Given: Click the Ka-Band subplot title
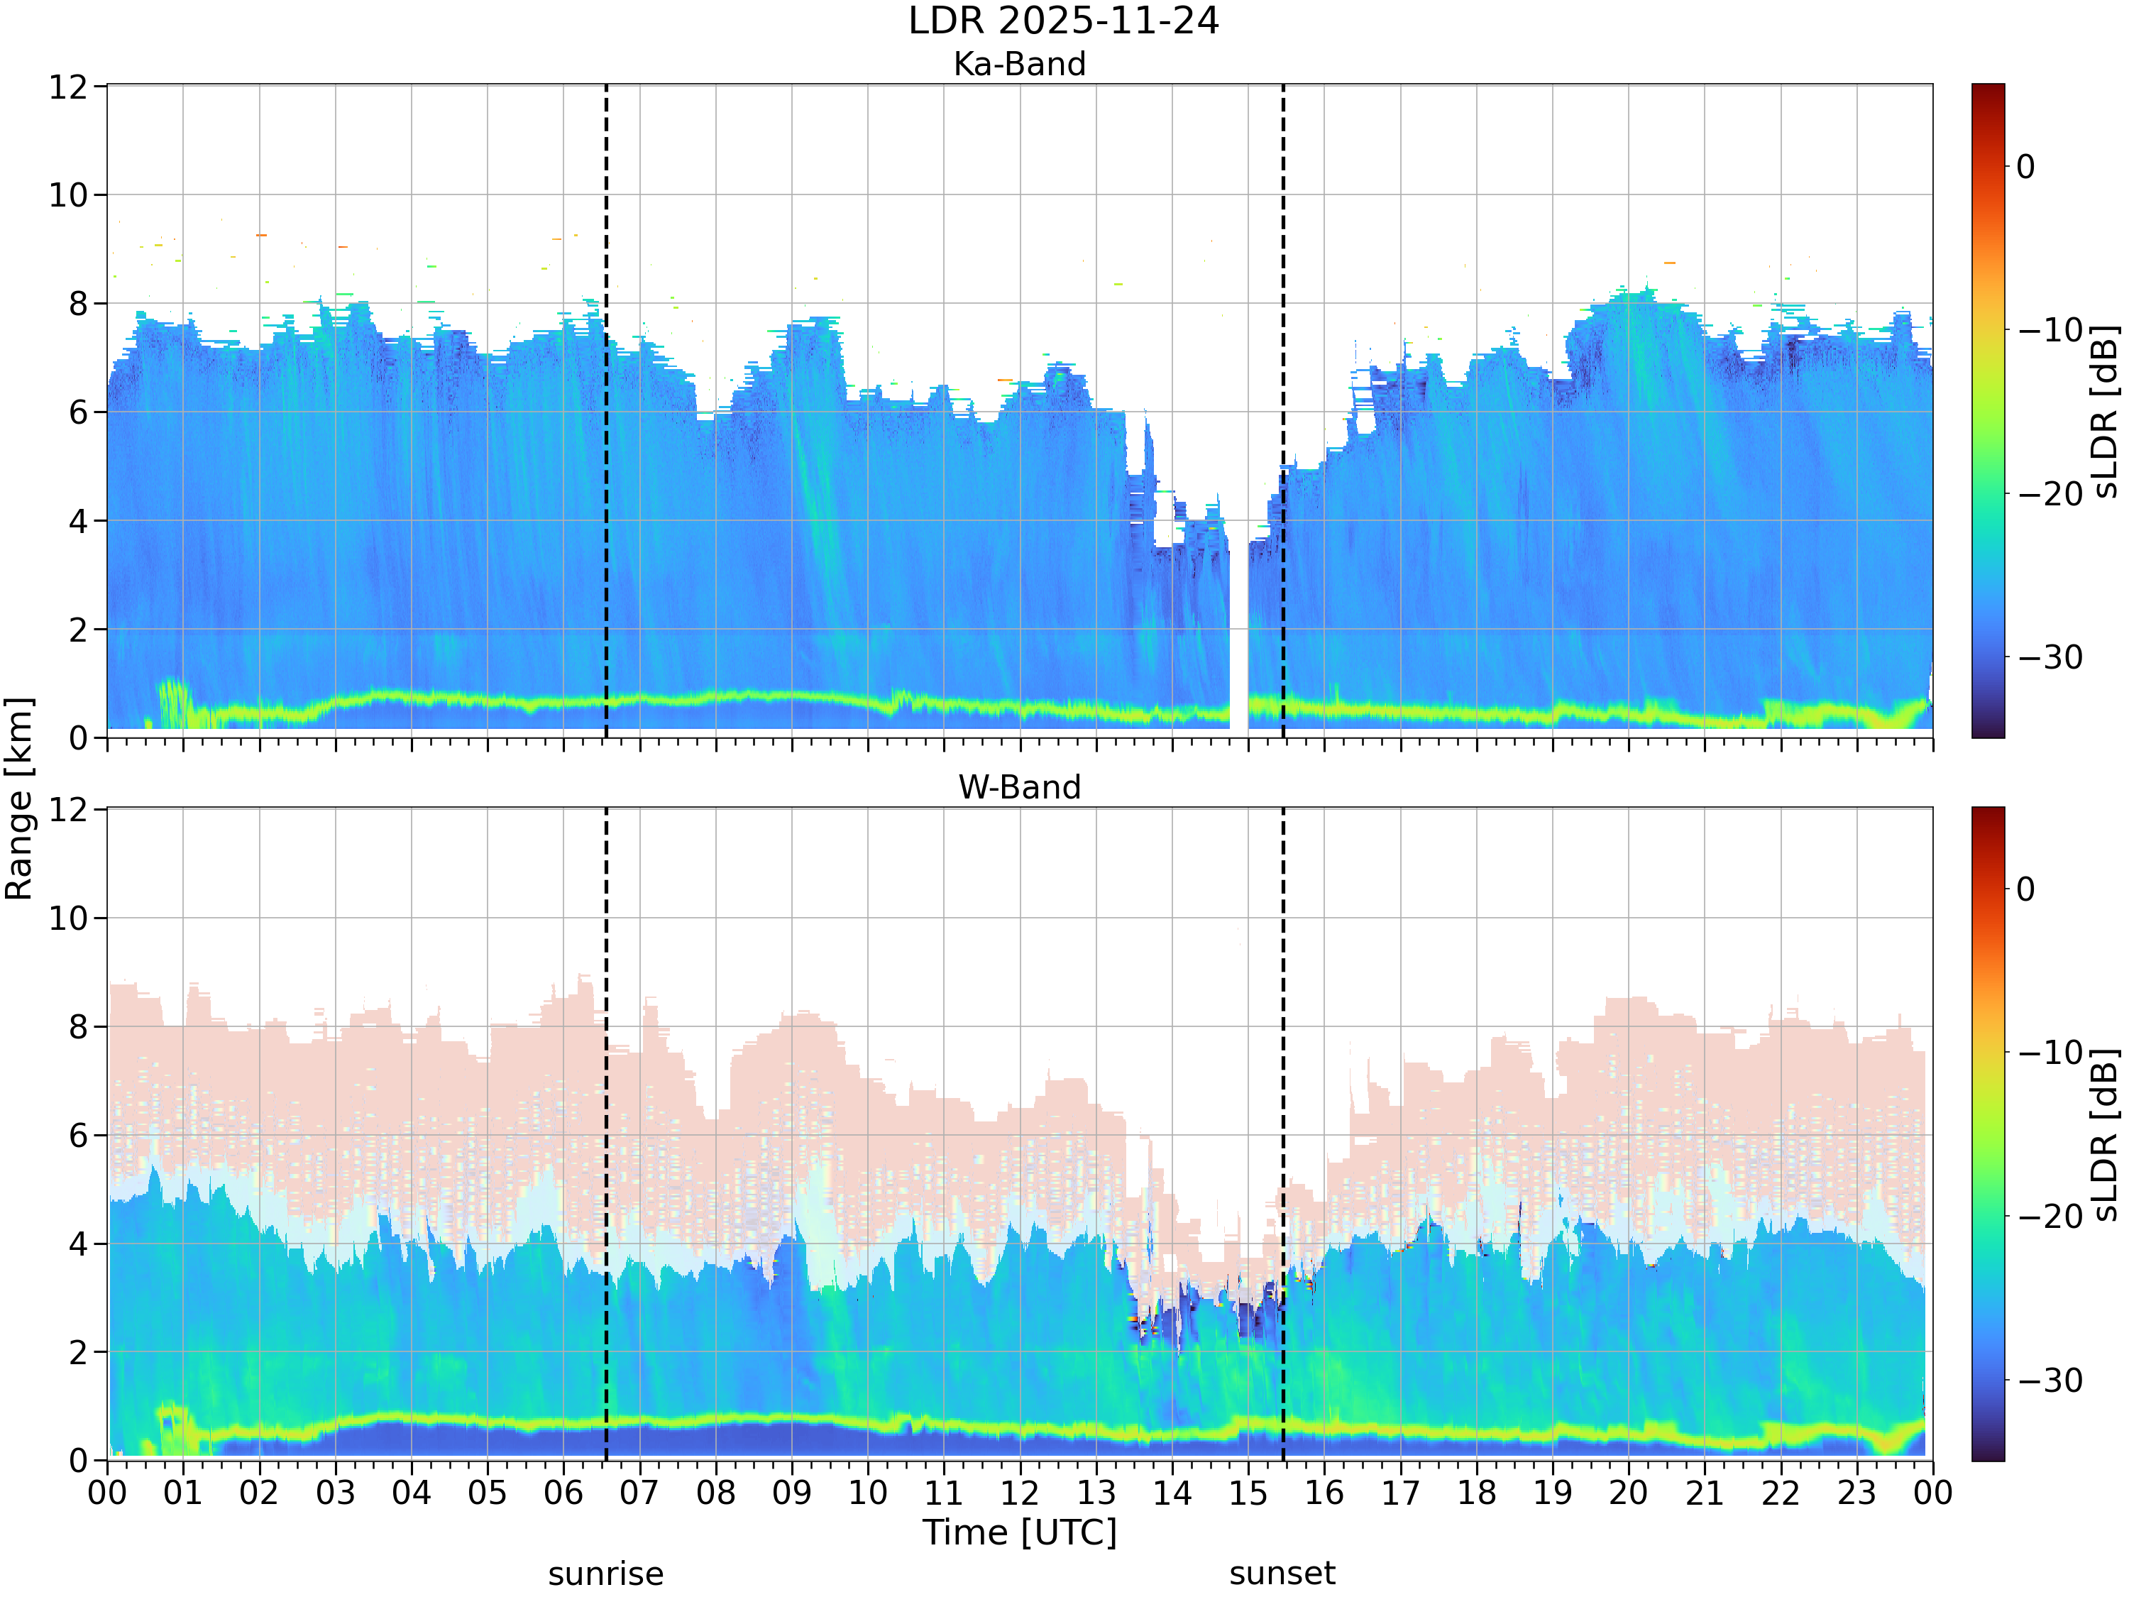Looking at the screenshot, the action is pos(1019,64).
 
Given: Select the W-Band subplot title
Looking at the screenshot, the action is pos(1019,787).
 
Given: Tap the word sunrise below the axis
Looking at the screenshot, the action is pos(605,1574).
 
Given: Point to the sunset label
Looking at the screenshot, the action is pos(1282,1574).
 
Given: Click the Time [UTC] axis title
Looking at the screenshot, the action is pos(1019,1532).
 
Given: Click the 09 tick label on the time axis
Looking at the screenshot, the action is pos(791,1493).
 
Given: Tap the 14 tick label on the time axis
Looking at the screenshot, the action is pos(1172,1493).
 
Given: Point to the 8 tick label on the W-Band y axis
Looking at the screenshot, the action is pos(78,1027).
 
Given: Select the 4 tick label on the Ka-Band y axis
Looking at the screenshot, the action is pos(78,522).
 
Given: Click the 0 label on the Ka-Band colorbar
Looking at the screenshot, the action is pos(2026,167).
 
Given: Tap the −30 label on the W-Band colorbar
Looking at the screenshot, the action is pos(2050,1381).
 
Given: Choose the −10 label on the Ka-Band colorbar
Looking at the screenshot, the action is pos(2050,330).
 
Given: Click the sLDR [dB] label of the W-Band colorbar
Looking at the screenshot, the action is pos(2105,1134).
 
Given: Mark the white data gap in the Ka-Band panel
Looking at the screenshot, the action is pos(1238,635).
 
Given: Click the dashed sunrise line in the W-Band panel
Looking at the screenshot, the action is pos(605,1134).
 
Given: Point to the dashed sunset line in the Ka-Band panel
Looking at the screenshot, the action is pos(1283,411).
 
